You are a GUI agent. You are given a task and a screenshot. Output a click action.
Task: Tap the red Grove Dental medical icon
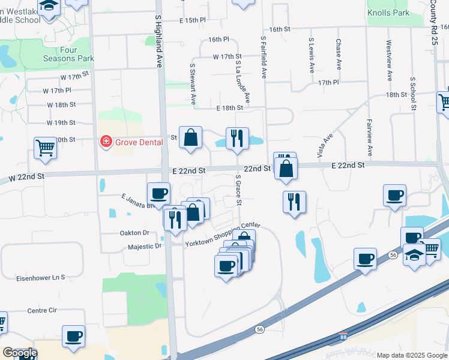point(106,142)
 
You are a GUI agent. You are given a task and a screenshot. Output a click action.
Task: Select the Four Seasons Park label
point(68,55)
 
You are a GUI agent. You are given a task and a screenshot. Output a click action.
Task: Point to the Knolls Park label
point(388,13)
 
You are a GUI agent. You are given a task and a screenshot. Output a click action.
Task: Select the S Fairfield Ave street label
point(263,57)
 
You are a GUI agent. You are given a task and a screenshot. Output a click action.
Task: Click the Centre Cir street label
point(42,311)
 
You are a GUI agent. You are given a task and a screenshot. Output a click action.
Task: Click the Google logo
point(20,353)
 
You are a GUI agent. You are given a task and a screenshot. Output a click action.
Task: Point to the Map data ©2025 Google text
point(412,355)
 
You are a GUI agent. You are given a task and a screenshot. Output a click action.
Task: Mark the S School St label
point(413,94)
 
